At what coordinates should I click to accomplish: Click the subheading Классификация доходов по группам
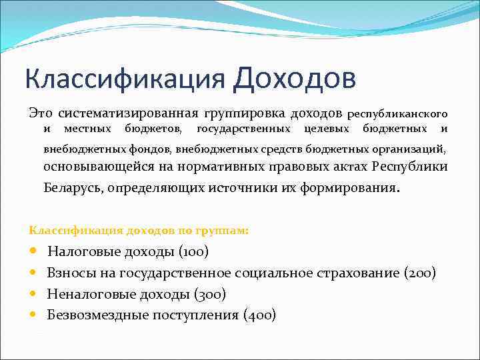click(139, 230)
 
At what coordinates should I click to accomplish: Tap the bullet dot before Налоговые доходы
click(33, 252)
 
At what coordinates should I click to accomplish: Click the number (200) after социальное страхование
click(420, 273)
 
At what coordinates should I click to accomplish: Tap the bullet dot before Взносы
click(33, 273)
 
